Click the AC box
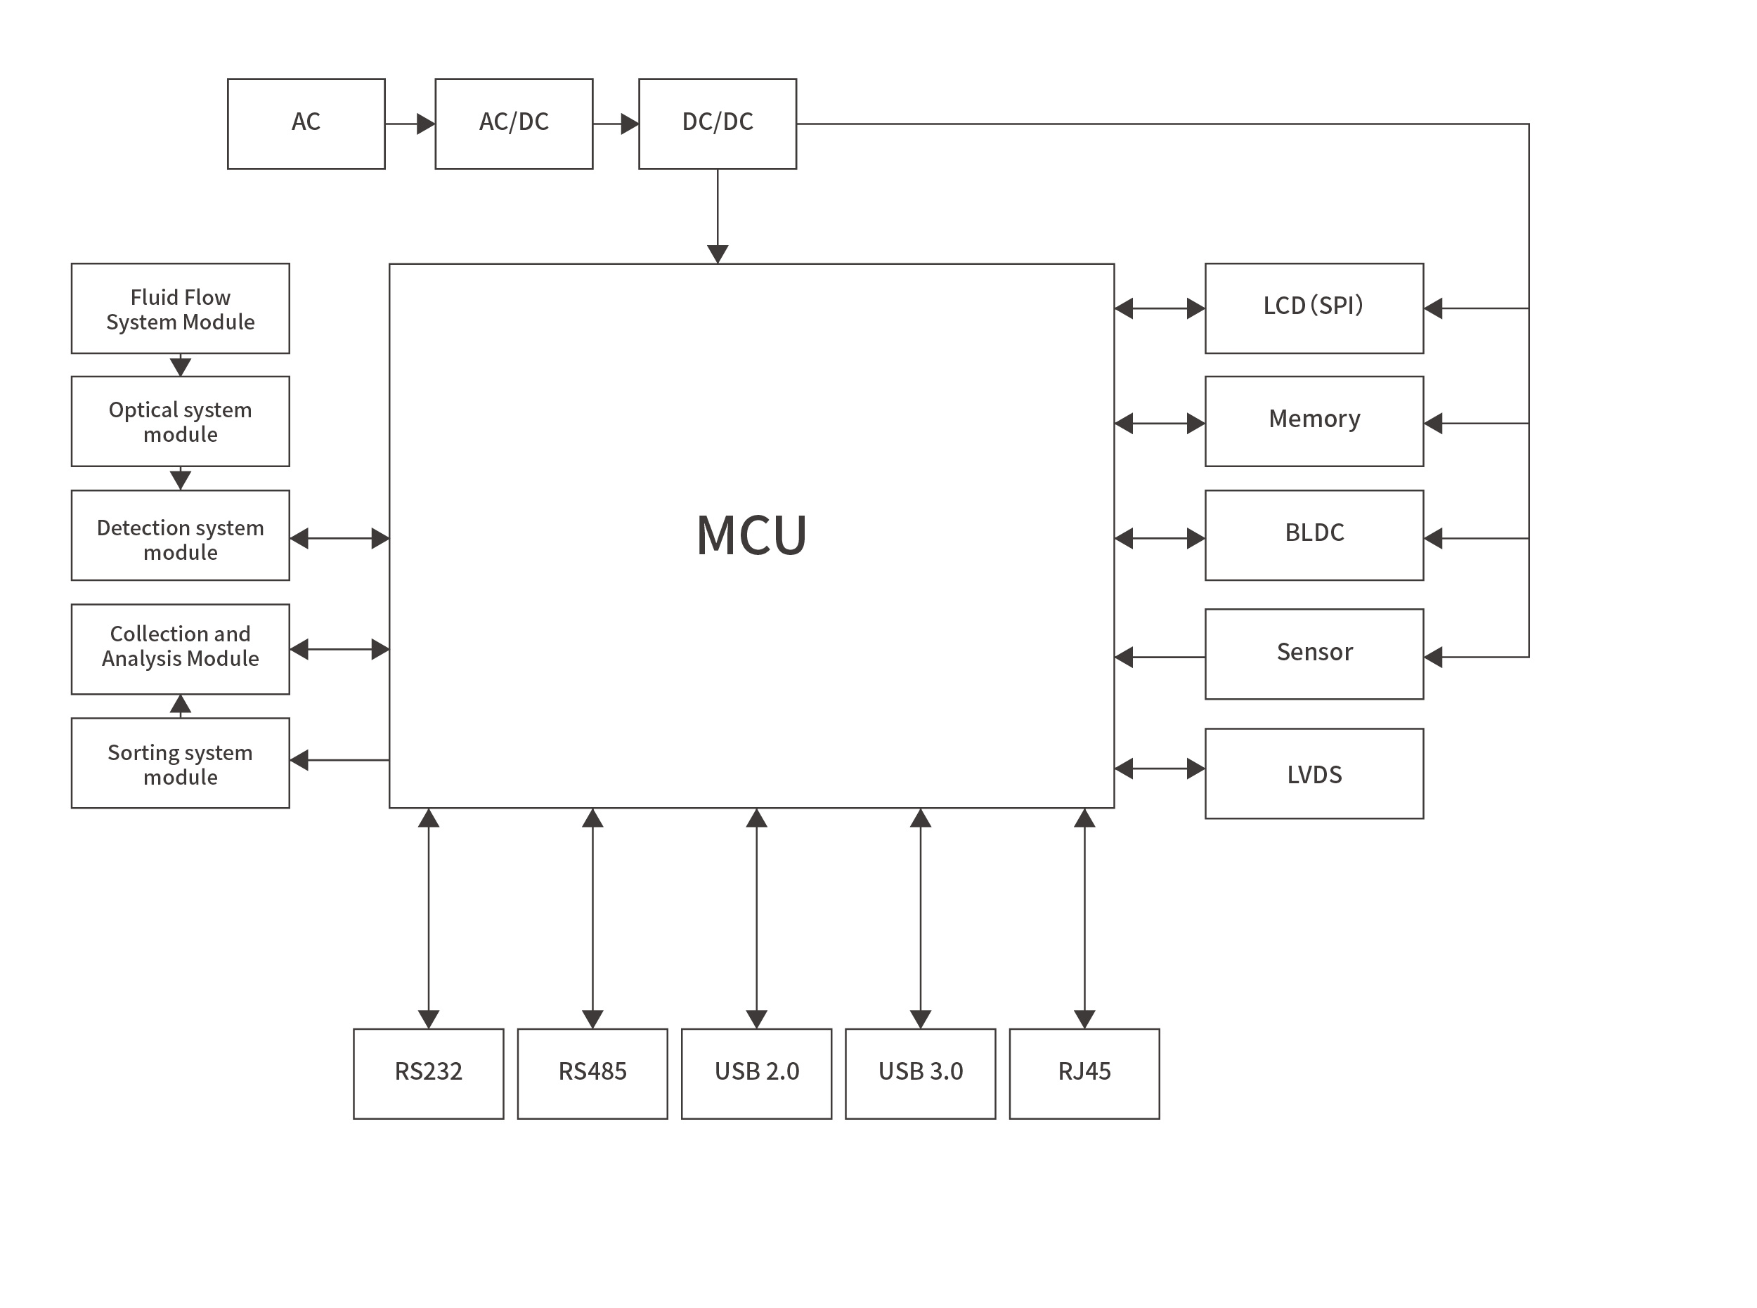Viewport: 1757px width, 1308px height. [x=306, y=124]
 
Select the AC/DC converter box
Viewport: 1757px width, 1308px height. [x=513, y=124]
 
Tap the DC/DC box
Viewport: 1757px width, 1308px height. [x=717, y=124]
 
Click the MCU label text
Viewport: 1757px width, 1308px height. [x=751, y=535]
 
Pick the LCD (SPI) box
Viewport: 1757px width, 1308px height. [x=1314, y=308]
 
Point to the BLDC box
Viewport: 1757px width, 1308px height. [x=1314, y=535]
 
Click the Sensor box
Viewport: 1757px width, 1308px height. [x=1314, y=653]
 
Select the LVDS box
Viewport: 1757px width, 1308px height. [x=1314, y=773]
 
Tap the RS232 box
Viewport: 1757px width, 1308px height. [x=428, y=1073]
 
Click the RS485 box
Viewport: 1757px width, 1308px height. [x=592, y=1073]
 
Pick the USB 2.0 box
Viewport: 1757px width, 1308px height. [x=756, y=1073]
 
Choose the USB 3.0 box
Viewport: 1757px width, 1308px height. [x=920, y=1073]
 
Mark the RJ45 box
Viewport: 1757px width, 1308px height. [x=1084, y=1073]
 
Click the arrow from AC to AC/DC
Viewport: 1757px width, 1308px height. [x=410, y=124]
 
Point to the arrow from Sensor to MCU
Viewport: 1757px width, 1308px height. [x=1159, y=656]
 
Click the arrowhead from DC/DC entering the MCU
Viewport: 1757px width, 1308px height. [x=717, y=254]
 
